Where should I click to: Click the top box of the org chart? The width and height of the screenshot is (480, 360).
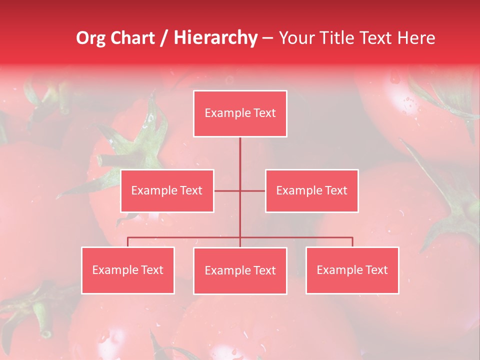(240, 113)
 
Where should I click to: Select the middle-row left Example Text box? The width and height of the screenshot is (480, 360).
(167, 190)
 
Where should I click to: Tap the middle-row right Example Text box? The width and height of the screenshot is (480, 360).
(311, 190)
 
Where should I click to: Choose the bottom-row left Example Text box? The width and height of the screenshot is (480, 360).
(127, 270)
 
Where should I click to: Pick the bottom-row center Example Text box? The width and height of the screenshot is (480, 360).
(240, 270)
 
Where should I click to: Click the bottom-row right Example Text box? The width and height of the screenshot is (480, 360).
(352, 270)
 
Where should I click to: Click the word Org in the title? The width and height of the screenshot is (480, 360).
(89, 38)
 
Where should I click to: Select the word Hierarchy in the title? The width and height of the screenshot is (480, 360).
(215, 38)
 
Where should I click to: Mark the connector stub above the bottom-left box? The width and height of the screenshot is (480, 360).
(127, 242)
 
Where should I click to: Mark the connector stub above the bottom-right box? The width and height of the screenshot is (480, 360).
(352, 242)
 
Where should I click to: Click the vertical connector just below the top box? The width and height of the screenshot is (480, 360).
(240, 150)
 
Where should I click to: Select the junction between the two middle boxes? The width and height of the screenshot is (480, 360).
(240, 190)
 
